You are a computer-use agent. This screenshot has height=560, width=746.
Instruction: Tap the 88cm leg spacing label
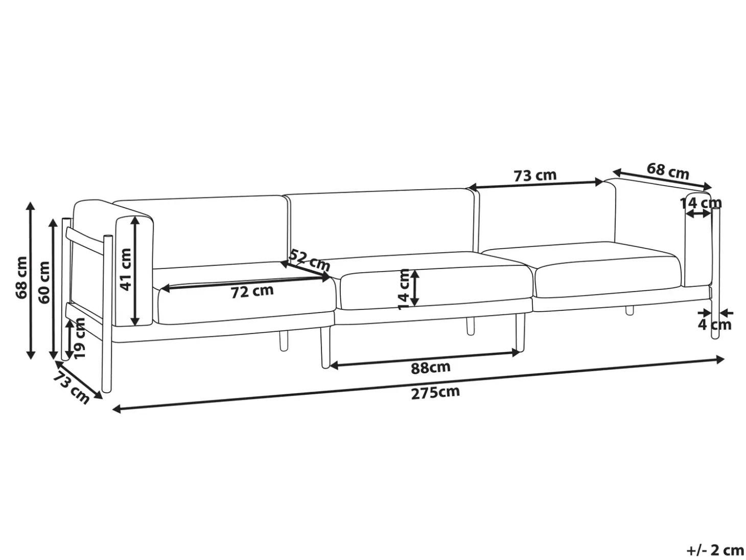coord(431,367)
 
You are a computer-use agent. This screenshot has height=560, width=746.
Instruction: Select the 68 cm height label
coord(21,278)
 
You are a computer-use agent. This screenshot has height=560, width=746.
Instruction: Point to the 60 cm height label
coord(44,282)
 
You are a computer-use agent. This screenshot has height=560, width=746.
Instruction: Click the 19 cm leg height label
coord(80,338)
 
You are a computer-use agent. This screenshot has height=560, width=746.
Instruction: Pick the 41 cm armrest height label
coord(125,270)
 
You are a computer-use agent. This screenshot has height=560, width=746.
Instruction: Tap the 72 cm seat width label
coord(252,292)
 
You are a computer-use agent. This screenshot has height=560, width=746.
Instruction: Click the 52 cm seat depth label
coord(310,261)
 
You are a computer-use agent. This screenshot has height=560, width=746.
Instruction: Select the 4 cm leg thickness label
coord(715,325)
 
